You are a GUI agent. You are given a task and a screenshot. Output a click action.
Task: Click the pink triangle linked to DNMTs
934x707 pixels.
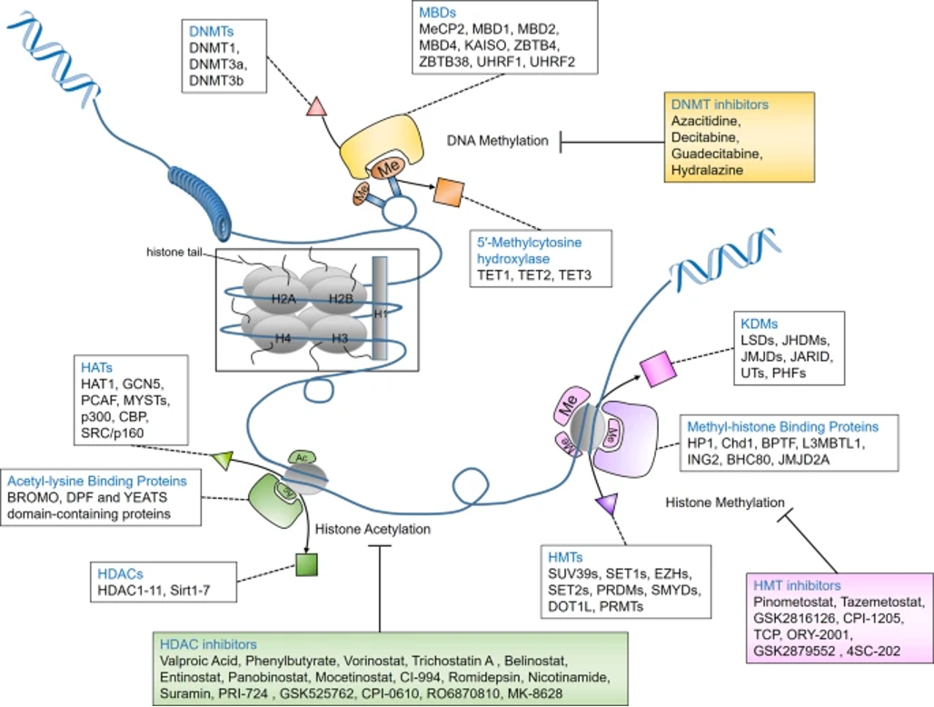tap(317, 107)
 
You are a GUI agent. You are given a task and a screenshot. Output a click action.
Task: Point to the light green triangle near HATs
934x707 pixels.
tap(222, 461)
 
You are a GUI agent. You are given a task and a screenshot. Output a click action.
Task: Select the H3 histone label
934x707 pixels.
tap(341, 338)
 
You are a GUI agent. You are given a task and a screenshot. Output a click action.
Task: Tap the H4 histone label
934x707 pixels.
tap(284, 338)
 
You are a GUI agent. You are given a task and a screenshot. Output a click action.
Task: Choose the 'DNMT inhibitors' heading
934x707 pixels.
tap(720, 105)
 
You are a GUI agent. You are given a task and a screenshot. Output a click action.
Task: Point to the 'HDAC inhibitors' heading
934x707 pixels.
tap(208, 644)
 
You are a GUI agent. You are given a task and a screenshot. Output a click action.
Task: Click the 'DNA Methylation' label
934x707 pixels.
tap(497, 141)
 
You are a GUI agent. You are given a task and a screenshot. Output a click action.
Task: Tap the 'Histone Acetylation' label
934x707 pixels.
tap(373, 529)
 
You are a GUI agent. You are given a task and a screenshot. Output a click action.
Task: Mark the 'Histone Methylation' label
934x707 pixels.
tap(725, 502)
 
